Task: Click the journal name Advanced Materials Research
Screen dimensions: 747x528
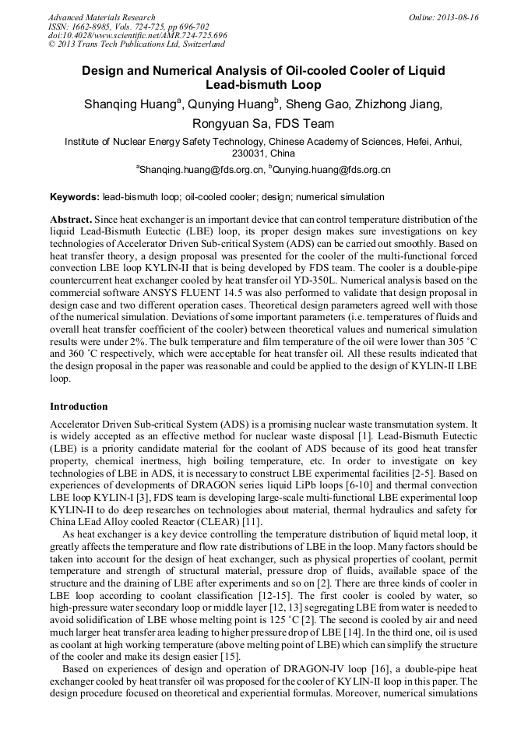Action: coord(101,17)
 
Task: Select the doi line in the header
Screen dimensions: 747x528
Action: coord(138,35)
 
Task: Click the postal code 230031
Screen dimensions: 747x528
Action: coord(244,153)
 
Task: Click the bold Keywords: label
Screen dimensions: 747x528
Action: coord(74,198)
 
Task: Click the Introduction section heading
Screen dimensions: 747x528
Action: coord(79,406)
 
